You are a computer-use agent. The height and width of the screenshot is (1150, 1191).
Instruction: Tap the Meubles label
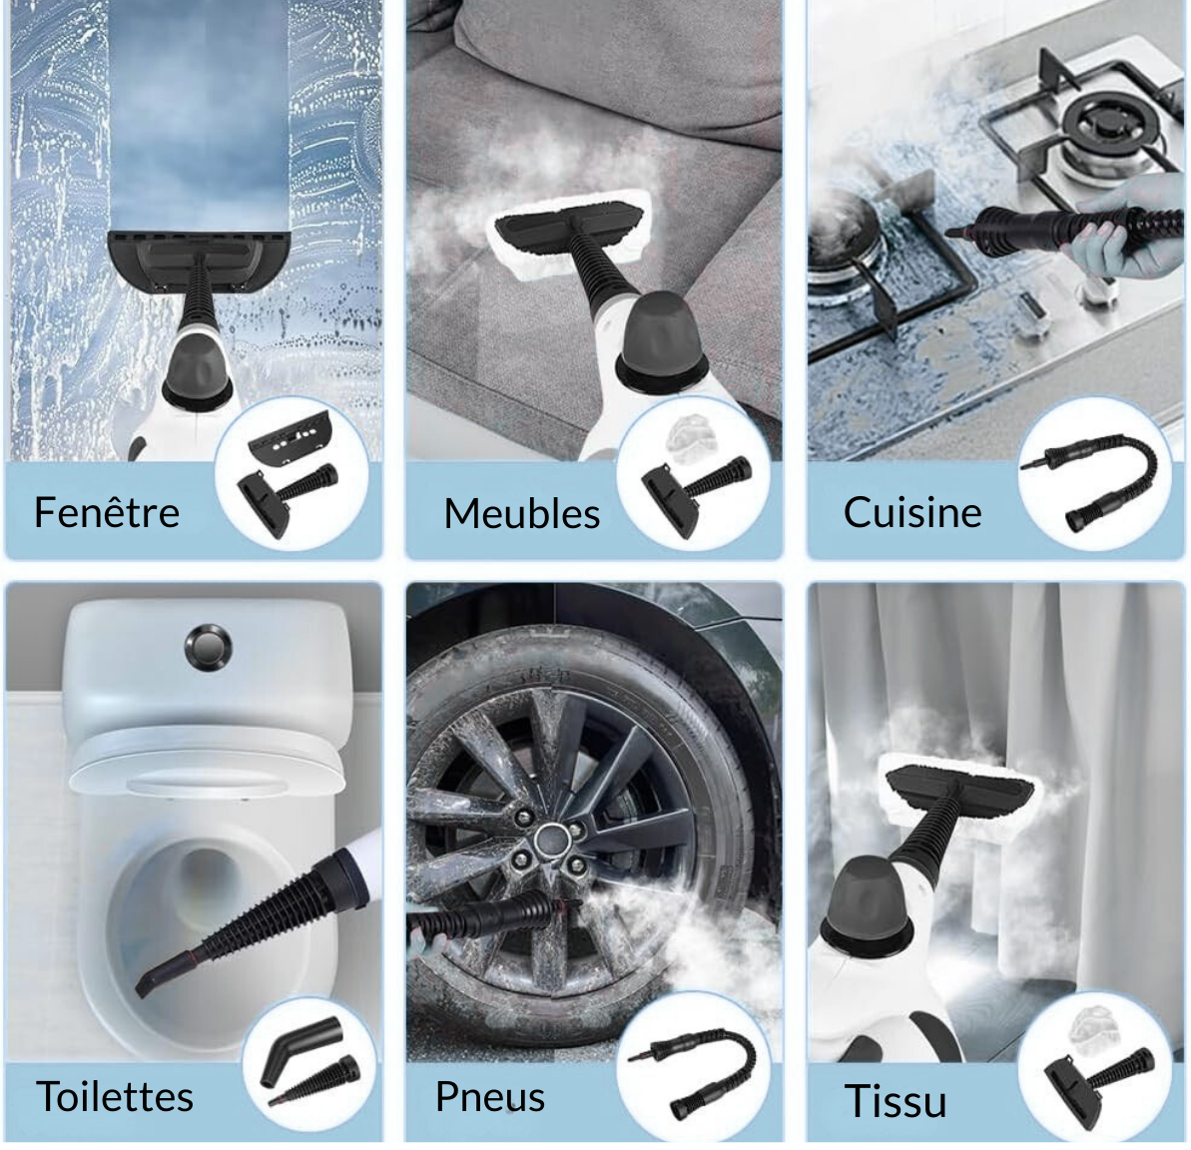point(522,513)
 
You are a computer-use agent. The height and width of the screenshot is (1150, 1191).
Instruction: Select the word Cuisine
point(912,512)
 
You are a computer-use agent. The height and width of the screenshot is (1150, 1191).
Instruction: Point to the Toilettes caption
point(115,1096)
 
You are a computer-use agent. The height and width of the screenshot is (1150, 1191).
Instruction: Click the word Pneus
point(490,1097)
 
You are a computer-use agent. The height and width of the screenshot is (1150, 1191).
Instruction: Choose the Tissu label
point(895,1101)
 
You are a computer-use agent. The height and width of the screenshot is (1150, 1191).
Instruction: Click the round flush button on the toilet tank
point(208,647)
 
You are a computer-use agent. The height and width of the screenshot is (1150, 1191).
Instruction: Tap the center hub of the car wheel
point(546,841)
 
